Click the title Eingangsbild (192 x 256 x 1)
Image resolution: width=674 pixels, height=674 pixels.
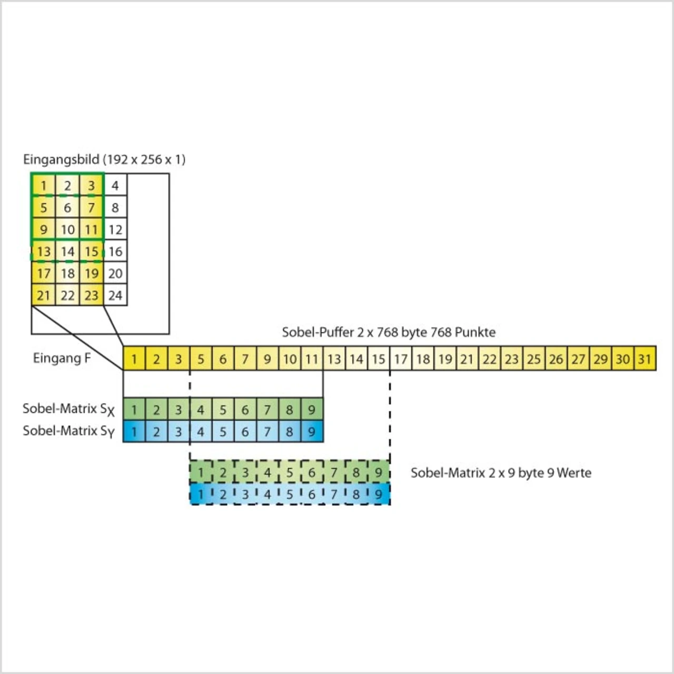pyautogui.click(x=104, y=160)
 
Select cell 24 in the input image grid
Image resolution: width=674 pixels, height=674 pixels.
pyautogui.click(x=115, y=295)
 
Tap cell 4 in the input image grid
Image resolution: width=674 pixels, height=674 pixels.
pyautogui.click(x=115, y=185)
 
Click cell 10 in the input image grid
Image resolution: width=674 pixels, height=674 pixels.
pyautogui.click(x=67, y=230)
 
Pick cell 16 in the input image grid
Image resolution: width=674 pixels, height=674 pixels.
pyautogui.click(x=115, y=252)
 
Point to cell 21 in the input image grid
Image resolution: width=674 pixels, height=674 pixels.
pyautogui.click(x=43, y=295)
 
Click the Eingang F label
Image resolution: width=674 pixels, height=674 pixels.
pyautogui.click(x=62, y=359)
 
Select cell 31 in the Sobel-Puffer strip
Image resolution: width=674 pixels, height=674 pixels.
pyautogui.click(x=645, y=359)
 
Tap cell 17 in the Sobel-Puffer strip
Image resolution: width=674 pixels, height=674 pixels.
pyautogui.click(x=401, y=359)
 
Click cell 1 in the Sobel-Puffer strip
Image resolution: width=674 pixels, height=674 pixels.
pyautogui.click(x=134, y=359)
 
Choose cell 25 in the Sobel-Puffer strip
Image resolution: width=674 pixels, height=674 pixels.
pyautogui.click(x=534, y=359)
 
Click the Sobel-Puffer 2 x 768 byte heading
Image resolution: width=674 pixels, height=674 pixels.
pyautogui.click(x=389, y=332)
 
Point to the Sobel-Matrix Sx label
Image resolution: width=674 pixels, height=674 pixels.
pyautogui.click(x=68, y=409)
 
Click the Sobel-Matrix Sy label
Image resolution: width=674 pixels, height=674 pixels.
pyautogui.click(x=68, y=431)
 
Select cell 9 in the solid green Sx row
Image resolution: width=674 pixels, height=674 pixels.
pyautogui.click(x=312, y=410)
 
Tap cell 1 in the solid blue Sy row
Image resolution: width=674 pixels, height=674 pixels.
pyautogui.click(x=134, y=432)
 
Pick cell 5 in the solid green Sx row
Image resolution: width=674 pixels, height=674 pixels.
pyautogui.click(x=223, y=410)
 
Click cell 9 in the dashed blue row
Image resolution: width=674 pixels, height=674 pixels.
pyautogui.click(x=379, y=494)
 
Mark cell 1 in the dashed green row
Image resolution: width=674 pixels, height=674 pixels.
pyautogui.click(x=201, y=473)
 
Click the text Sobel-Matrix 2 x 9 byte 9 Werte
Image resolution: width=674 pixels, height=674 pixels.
pyautogui.click(x=501, y=473)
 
